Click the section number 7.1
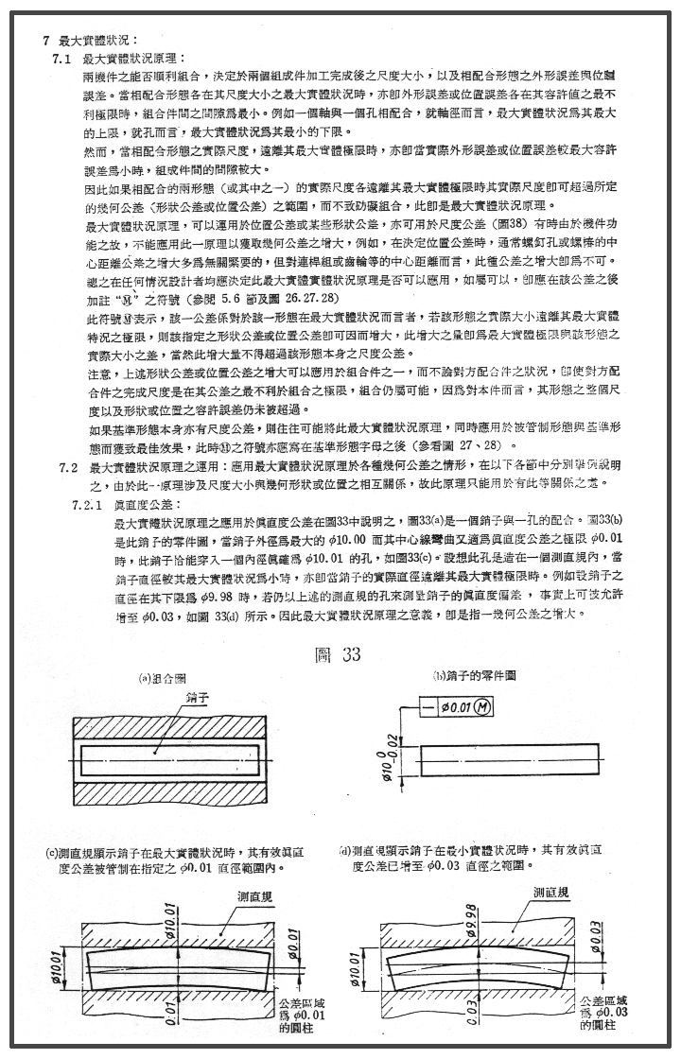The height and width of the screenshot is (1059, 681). click(63, 59)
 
